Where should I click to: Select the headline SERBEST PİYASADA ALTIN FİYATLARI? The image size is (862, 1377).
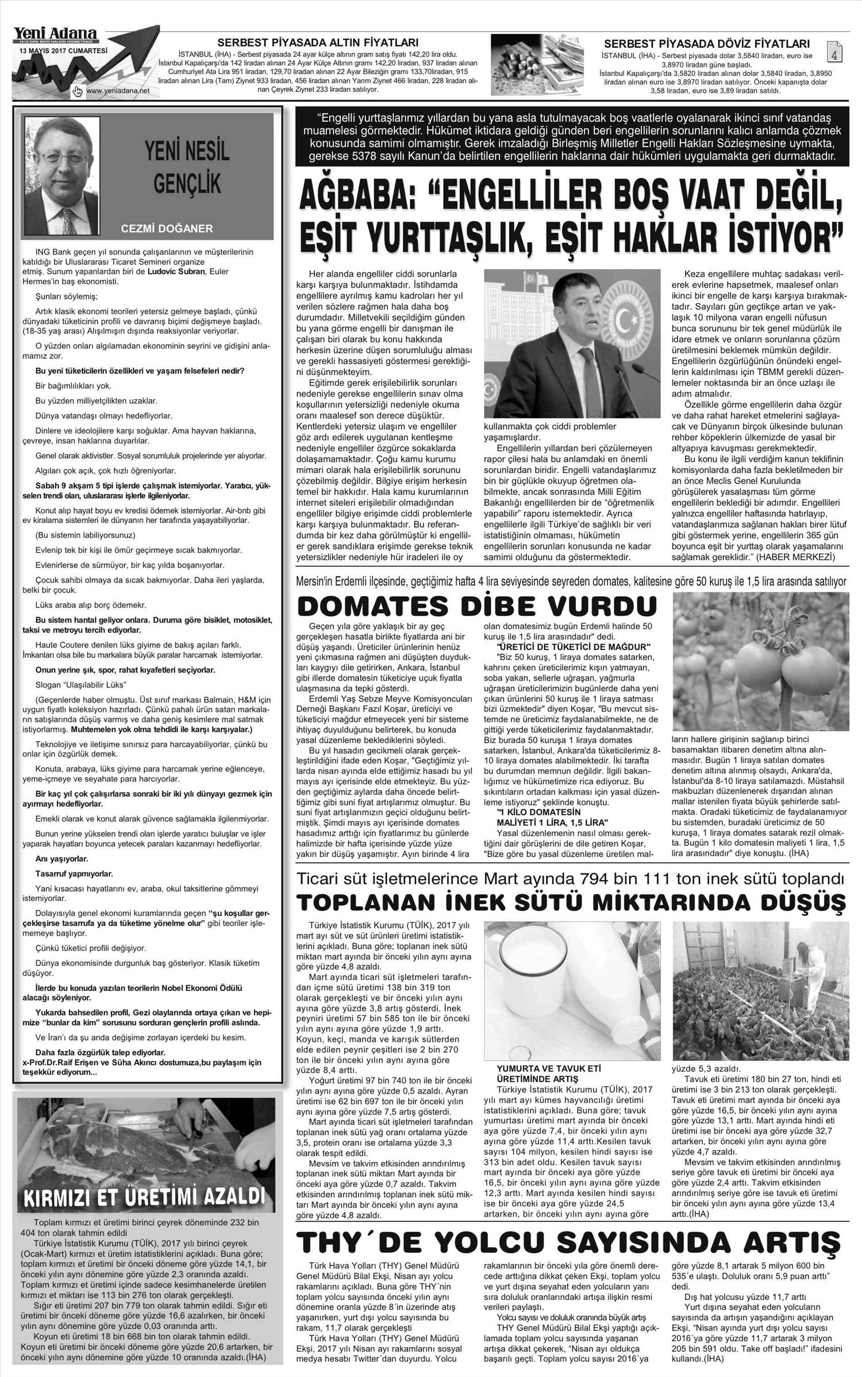[317, 42]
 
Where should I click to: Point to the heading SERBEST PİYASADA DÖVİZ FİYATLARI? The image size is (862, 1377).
[707, 44]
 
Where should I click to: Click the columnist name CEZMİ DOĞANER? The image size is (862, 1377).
[167, 228]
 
